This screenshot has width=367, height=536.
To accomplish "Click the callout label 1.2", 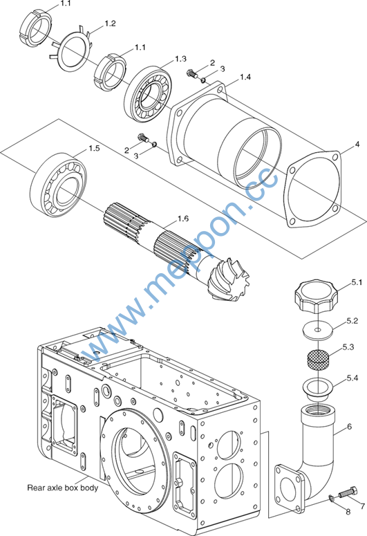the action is click(x=110, y=24).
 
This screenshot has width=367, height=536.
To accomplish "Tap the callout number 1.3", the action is click(x=181, y=59).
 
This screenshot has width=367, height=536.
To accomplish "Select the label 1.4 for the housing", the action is click(x=245, y=77).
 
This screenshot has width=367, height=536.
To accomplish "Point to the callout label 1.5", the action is click(x=94, y=149).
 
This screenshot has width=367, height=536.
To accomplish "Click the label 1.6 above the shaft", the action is click(x=183, y=219).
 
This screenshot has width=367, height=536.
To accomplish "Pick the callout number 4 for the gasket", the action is click(x=357, y=145).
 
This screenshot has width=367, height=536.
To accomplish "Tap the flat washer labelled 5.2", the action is click(x=318, y=331).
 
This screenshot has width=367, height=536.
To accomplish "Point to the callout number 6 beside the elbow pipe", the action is click(x=349, y=427).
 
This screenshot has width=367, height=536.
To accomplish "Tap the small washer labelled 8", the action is click(x=332, y=499).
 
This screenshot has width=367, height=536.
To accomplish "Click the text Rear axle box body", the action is click(x=62, y=488).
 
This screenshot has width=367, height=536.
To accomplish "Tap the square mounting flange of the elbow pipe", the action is click(x=290, y=488).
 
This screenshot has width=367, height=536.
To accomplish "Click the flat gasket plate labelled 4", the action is click(x=314, y=189).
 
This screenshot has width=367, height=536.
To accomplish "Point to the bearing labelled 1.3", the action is click(x=148, y=93).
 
